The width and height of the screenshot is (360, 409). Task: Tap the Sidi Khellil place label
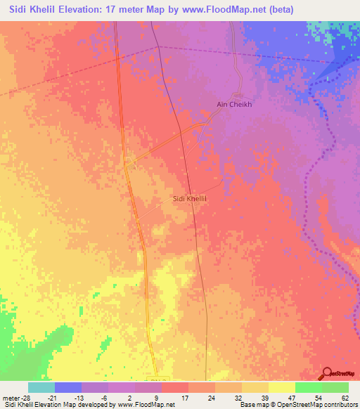[x=192, y=199]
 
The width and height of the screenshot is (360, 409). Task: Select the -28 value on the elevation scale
[x=25, y=397]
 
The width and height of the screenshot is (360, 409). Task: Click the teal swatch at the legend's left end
[x=41, y=387]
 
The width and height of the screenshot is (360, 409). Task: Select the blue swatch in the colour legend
[x=68, y=387]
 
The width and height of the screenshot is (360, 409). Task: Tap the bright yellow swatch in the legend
[x=281, y=387]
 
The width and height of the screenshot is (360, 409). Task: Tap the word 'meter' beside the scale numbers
[x=11, y=397]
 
